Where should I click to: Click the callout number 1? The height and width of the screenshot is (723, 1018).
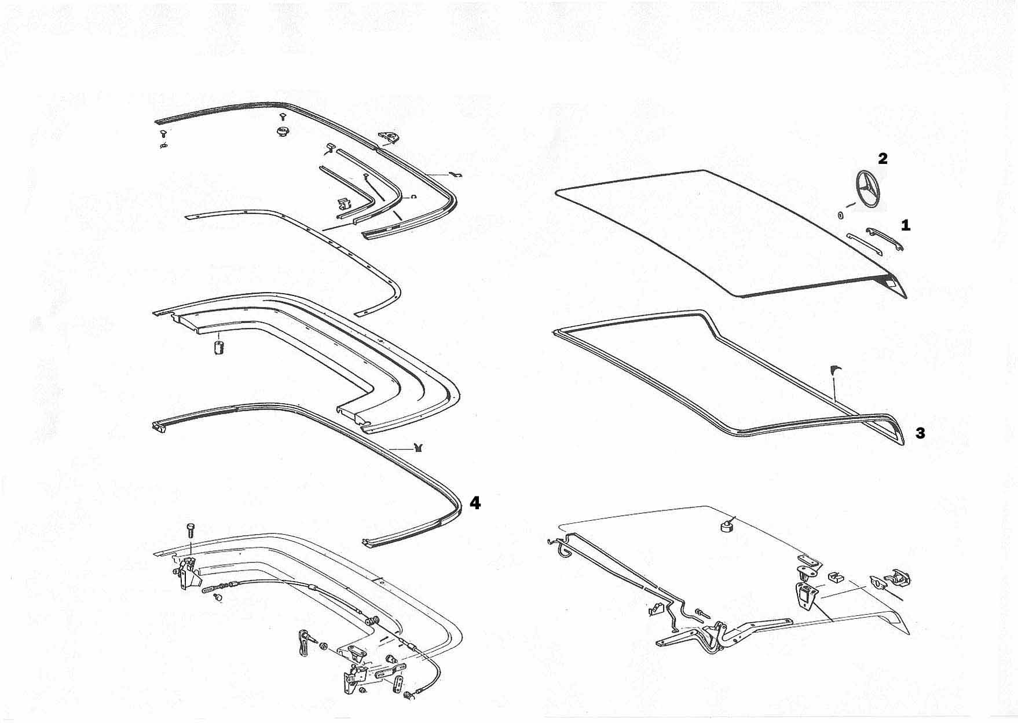[906, 225]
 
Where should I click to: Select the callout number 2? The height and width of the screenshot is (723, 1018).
[882, 158]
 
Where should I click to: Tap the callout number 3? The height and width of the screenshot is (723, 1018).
[920, 433]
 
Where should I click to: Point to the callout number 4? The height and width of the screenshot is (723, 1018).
[475, 503]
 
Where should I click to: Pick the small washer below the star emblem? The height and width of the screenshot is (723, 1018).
[840, 216]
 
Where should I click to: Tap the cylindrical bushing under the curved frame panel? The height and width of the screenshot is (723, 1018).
[219, 348]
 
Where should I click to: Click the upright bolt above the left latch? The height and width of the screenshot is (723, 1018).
[191, 530]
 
